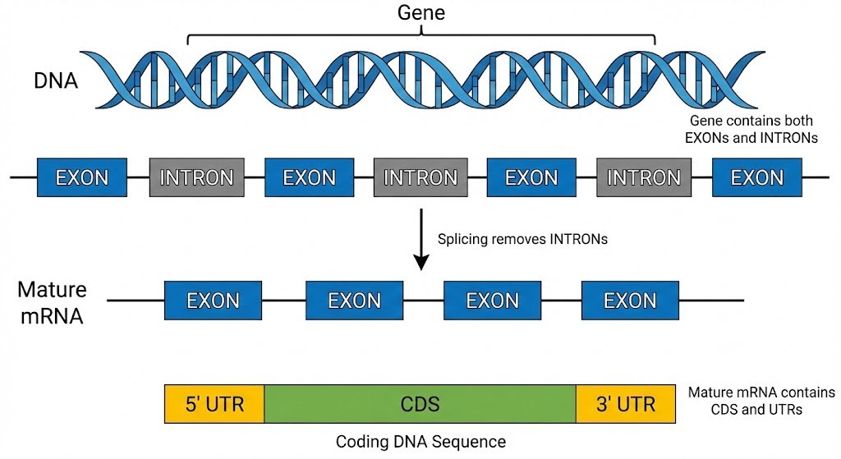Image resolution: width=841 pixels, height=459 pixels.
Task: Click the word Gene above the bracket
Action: [420, 12]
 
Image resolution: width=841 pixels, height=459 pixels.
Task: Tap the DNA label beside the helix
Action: [55, 80]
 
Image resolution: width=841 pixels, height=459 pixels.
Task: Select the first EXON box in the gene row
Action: [81, 177]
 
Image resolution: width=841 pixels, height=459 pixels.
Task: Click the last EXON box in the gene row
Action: [756, 177]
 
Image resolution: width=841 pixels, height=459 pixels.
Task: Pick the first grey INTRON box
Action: [196, 177]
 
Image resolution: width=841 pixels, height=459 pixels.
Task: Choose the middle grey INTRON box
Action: [420, 177]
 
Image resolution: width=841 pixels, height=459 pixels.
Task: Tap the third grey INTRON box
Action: [644, 177]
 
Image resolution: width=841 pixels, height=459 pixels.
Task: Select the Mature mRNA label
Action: [51, 302]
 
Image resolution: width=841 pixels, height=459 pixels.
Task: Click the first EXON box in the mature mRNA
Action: [214, 301]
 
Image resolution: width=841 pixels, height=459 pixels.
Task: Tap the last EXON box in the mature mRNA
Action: [630, 301]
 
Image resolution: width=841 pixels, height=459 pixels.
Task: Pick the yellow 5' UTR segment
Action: [214, 404]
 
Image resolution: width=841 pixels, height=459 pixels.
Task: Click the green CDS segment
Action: [420, 404]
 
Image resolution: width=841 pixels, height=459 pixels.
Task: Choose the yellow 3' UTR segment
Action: [625, 404]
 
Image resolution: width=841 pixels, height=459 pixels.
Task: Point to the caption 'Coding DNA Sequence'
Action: [420, 442]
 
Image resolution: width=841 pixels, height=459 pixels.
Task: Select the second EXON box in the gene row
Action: [309, 177]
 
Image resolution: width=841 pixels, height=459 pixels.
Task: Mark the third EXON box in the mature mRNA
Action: [492, 301]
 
